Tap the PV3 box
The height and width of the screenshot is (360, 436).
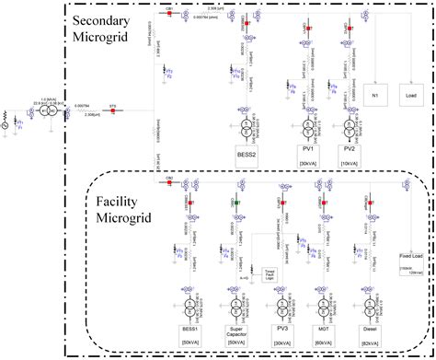[x=283, y=329]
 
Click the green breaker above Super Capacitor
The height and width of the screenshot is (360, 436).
[x=236, y=202]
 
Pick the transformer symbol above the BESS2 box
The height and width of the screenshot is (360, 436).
[x=246, y=123]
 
